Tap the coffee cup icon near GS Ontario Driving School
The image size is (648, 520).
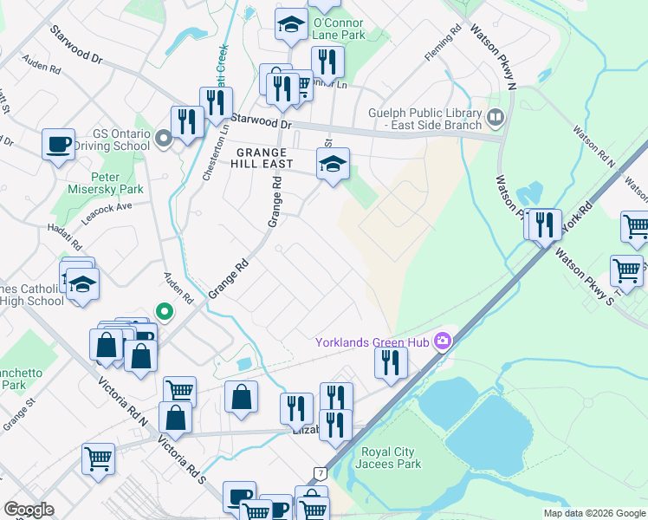[x=59, y=144]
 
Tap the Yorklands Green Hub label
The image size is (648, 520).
[x=373, y=342]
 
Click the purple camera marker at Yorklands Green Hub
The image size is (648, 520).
[x=444, y=341]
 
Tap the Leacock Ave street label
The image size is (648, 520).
[x=111, y=208]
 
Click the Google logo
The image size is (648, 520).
[x=29, y=510]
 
